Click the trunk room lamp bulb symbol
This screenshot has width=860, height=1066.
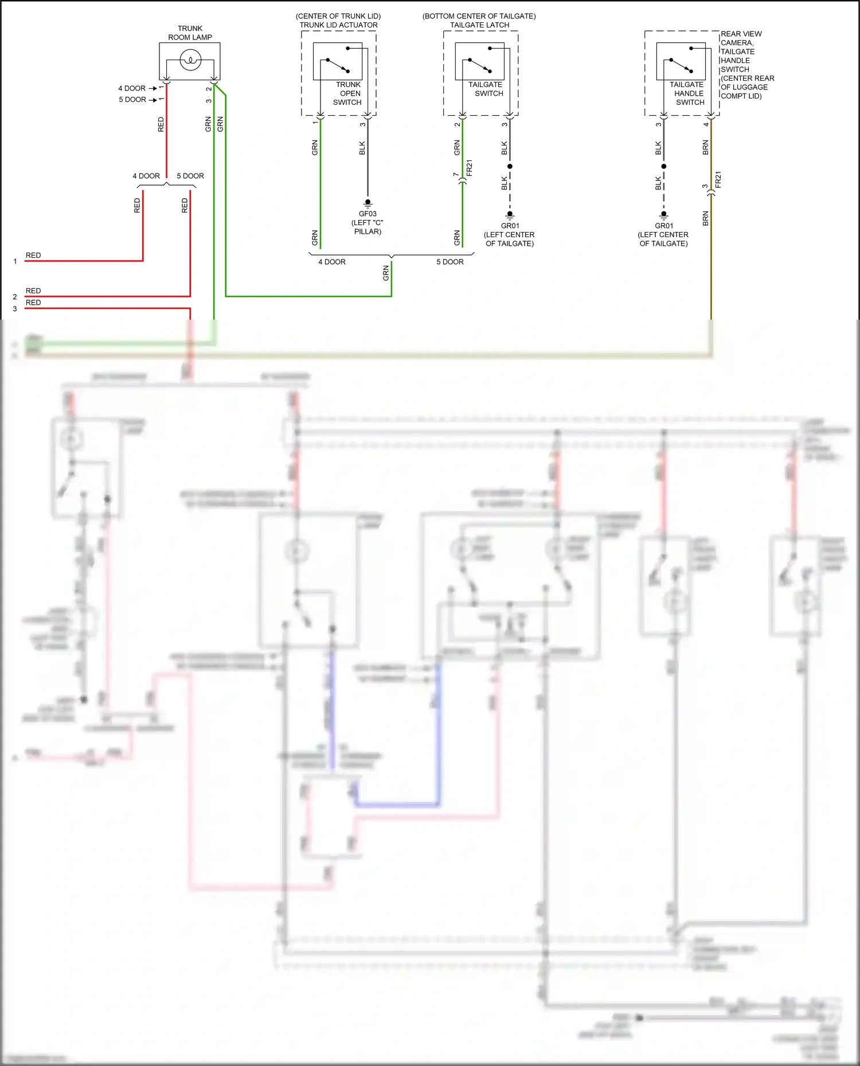(x=190, y=60)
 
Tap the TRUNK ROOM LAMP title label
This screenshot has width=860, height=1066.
(x=190, y=33)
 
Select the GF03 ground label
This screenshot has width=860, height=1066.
(x=368, y=214)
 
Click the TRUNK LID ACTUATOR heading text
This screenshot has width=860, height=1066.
(x=338, y=25)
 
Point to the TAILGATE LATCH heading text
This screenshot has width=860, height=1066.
(x=479, y=25)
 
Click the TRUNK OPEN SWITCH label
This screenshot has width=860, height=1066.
(x=347, y=93)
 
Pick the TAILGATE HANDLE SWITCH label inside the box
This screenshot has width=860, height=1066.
(x=689, y=93)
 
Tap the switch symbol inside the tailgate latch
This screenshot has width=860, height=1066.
(x=480, y=65)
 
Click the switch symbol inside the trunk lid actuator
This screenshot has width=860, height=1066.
(x=338, y=65)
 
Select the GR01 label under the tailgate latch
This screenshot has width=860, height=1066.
(x=510, y=226)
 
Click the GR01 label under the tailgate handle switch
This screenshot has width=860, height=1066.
(x=664, y=226)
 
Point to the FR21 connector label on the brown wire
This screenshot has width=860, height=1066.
(x=718, y=179)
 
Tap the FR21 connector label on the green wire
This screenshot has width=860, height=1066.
(x=470, y=168)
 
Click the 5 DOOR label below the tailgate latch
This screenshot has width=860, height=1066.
(x=450, y=262)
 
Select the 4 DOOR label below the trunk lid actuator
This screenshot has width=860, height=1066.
(x=332, y=262)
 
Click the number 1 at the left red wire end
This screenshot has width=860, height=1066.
(x=15, y=262)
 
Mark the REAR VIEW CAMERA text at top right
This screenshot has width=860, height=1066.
(x=741, y=38)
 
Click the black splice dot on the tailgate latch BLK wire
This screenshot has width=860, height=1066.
(x=510, y=167)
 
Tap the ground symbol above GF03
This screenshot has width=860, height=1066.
(x=368, y=203)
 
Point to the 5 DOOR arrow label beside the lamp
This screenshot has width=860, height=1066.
(x=132, y=100)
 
